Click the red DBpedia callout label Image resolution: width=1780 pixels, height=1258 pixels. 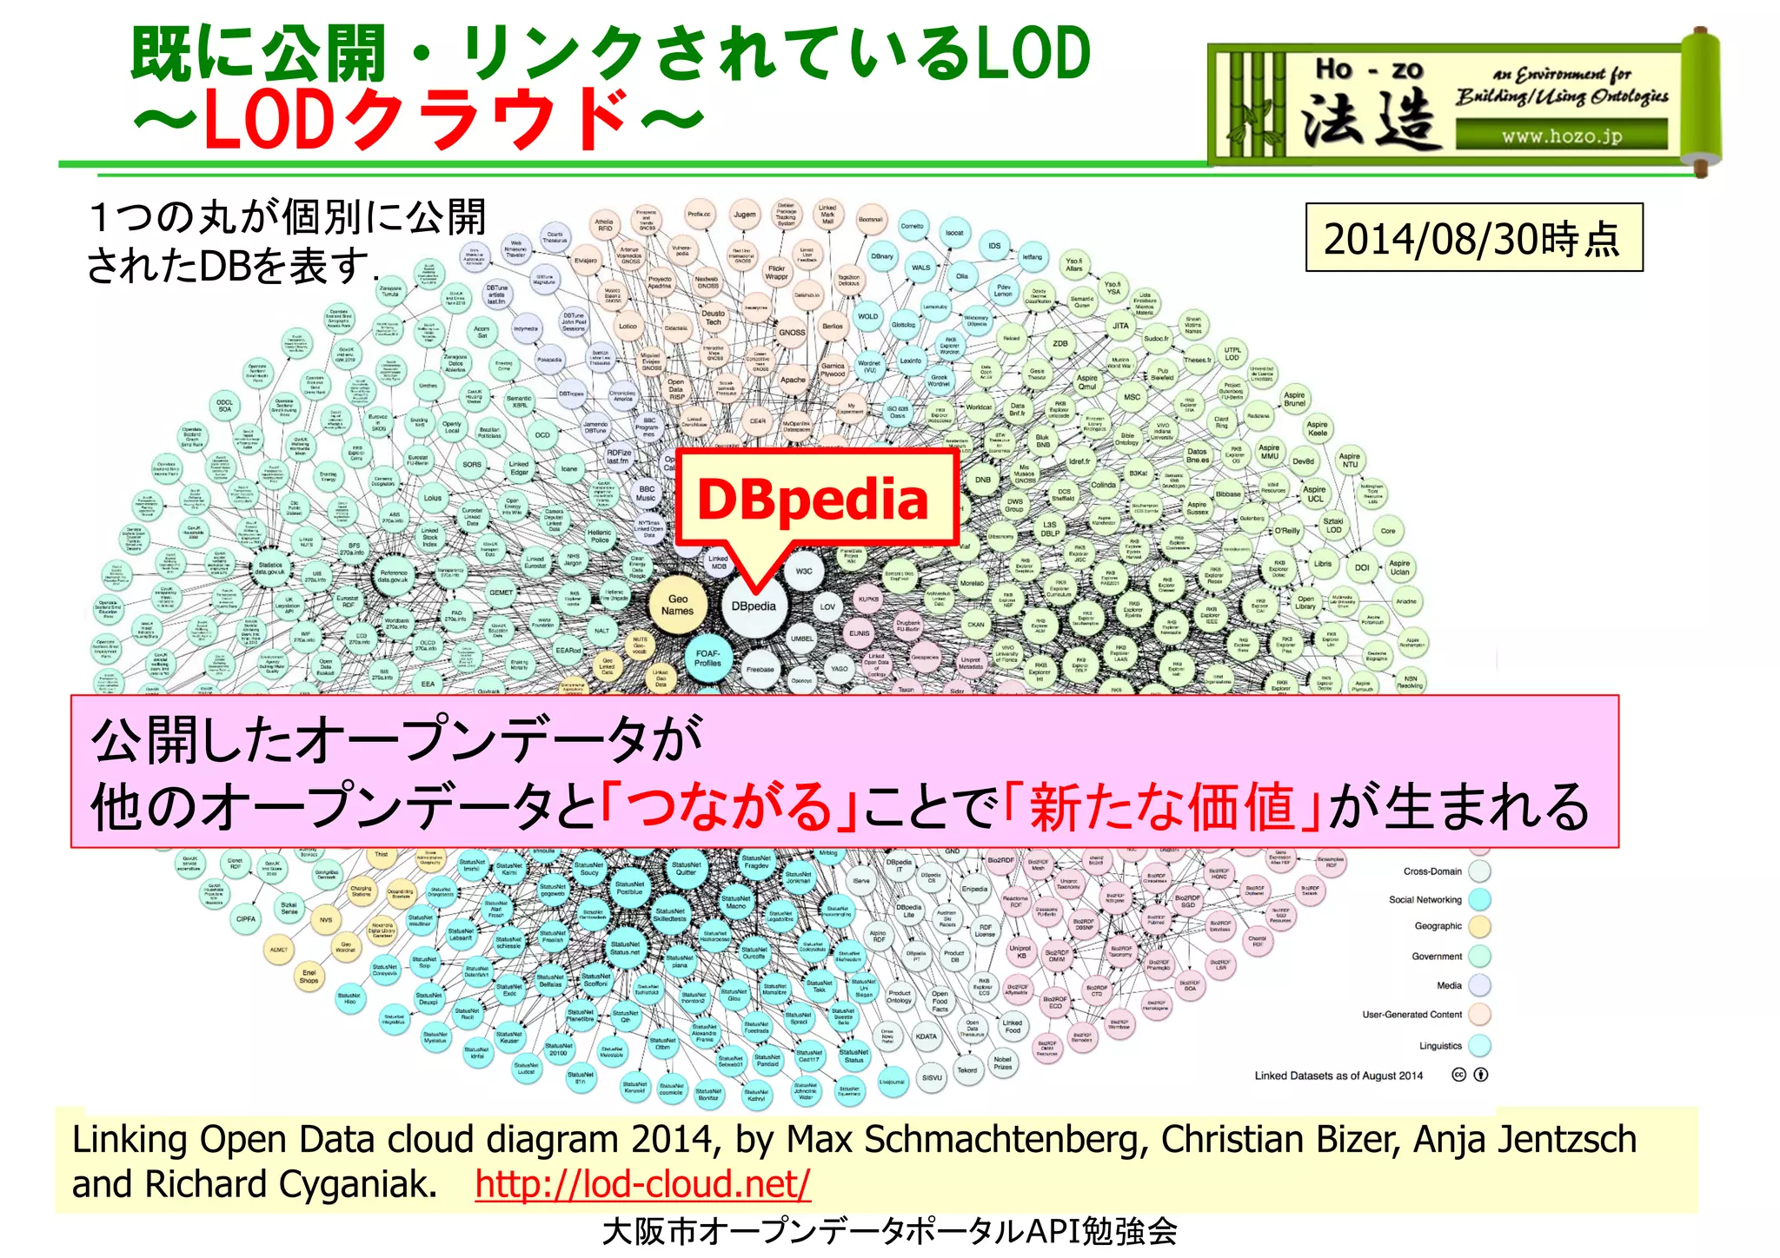814,500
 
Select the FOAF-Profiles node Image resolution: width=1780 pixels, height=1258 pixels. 708,658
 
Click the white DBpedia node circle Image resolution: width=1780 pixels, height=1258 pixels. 754,606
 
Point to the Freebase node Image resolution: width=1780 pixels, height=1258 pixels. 760,670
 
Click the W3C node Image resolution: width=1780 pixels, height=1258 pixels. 804,571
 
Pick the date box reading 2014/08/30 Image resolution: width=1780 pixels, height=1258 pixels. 1473,238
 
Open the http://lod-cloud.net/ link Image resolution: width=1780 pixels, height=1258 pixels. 642,1183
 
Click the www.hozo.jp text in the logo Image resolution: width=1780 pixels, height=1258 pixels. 1562,136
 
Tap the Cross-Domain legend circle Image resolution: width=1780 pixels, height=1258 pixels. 1479,871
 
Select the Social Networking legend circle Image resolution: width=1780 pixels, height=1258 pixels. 1479,899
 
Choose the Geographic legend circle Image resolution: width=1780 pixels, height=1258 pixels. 1479,927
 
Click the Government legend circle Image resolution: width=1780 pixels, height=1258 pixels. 1479,957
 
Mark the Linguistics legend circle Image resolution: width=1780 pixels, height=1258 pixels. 1479,1045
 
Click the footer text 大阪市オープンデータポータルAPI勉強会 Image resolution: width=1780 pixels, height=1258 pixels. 889,1231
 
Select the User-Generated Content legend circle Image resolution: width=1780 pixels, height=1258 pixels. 1479,1014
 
